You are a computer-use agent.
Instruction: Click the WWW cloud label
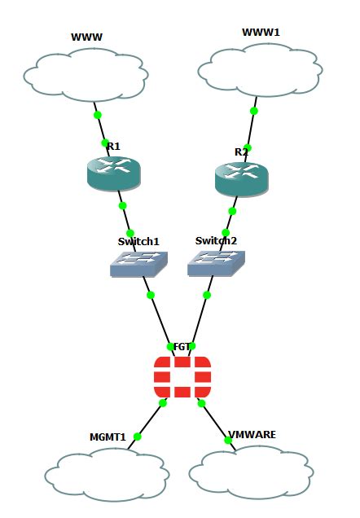(86, 37)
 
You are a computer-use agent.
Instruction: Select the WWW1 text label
(261, 33)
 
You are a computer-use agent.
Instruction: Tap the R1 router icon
(113, 173)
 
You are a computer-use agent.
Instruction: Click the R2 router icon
(241, 179)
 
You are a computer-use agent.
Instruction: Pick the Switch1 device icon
(138, 264)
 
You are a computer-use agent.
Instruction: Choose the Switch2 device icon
(217, 263)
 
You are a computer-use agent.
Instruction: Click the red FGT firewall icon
(182, 377)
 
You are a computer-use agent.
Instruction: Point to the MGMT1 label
(108, 437)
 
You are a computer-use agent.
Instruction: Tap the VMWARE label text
(252, 434)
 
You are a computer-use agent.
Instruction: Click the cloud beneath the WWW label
(86, 75)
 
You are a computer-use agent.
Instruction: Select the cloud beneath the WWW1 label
(261, 70)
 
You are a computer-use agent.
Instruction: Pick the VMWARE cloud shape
(252, 472)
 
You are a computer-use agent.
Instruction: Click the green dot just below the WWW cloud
(98, 115)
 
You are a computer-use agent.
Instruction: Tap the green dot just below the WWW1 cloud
(253, 111)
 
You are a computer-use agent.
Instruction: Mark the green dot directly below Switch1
(151, 295)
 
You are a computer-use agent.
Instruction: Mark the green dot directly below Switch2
(207, 295)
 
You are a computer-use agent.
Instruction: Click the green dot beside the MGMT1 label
(138, 437)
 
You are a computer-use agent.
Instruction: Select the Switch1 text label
(138, 242)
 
